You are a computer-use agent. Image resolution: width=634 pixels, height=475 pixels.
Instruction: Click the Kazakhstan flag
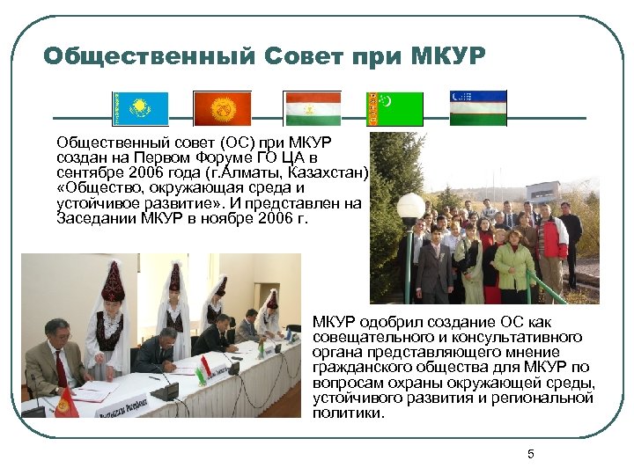pos(139,108)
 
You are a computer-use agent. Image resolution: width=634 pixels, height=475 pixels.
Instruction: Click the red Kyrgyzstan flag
pos(224,108)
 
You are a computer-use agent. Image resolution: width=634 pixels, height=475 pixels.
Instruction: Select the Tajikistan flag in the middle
pos(312,108)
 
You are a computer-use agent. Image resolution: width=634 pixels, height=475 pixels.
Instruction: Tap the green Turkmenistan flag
pos(394,108)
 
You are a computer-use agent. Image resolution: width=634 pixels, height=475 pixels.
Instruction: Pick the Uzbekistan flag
pos(478,108)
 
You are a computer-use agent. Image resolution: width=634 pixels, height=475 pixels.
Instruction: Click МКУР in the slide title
pos(447,56)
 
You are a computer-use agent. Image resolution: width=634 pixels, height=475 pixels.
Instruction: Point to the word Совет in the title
pos(302,56)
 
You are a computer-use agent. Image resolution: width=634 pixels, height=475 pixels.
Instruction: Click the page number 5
pos(531,454)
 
